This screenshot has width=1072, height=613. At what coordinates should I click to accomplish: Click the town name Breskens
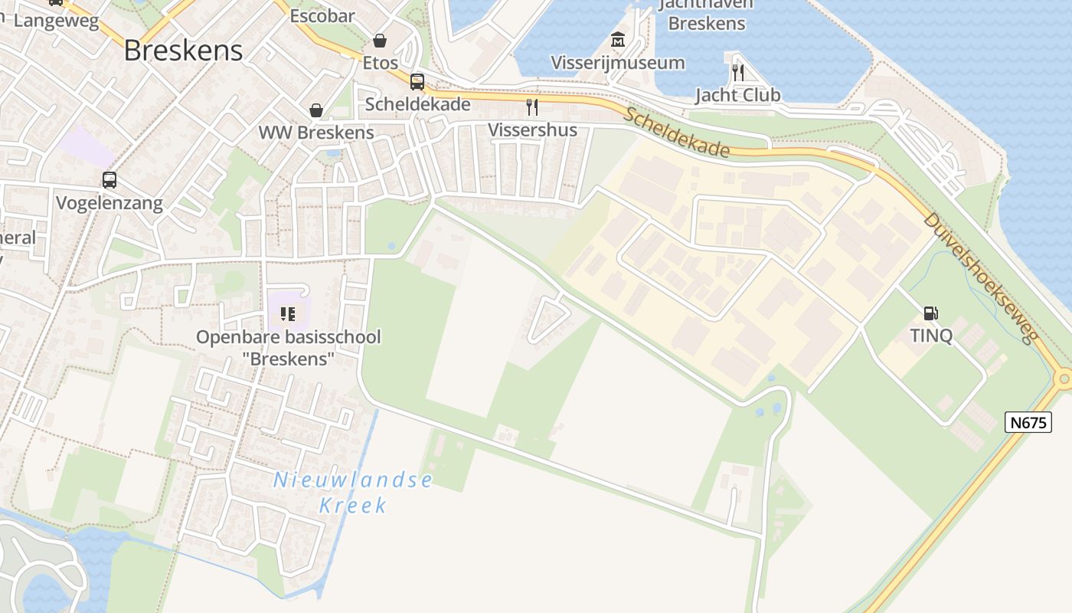coord(183,51)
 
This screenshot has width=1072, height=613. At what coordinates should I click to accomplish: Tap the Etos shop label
coord(381,62)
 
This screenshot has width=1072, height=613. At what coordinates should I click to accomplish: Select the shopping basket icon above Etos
coord(380,40)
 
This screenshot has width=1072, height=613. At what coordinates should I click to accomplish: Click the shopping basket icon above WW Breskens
coord(316,111)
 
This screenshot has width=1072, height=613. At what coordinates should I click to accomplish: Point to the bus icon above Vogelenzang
coord(109,180)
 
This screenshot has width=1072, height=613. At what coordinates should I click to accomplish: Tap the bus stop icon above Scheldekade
coord(417,82)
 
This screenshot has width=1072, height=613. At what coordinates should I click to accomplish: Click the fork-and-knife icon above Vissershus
coord(532,107)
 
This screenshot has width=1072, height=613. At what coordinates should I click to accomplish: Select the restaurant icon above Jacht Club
coord(738,73)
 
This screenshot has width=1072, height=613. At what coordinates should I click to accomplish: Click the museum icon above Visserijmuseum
coord(618,40)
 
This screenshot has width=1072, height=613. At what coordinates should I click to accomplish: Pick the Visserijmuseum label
coord(618,63)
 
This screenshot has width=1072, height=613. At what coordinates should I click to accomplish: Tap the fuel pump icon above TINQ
coord(931,313)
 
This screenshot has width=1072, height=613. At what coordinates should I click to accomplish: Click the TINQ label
coord(931,336)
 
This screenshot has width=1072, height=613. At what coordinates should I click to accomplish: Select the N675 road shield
coord(1028,422)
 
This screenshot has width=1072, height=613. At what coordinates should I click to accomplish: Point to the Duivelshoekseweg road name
coord(980,277)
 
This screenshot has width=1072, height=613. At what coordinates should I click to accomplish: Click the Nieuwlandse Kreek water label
coord(353,493)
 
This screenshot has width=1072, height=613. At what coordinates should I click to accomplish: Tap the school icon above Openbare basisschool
coord(288,314)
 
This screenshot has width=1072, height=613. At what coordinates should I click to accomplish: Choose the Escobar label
coord(322,15)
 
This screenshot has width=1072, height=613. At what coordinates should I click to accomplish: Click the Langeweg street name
coord(57,21)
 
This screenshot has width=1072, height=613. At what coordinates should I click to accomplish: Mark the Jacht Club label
coord(738,95)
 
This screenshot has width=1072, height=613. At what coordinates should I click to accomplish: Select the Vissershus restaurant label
coord(533,129)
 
